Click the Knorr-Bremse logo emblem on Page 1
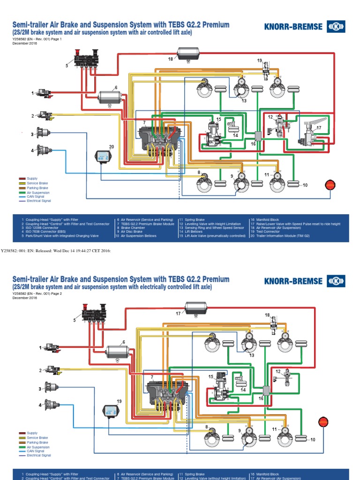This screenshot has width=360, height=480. tap(336, 26)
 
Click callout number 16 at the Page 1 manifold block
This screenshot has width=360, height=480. tap(254, 144)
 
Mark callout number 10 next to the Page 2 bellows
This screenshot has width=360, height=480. tap(313, 439)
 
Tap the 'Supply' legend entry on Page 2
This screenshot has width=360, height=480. tap(32, 433)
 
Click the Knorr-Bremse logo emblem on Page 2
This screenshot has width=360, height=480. tap(336, 281)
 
